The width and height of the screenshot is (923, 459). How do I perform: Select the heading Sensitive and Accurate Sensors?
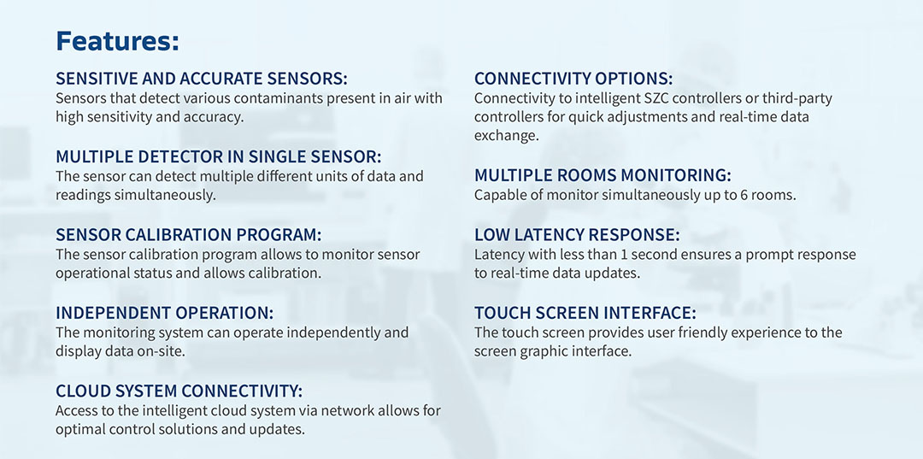pyautogui.click(x=202, y=79)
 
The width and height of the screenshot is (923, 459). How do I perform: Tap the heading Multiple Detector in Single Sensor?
pyautogui.click(x=219, y=157)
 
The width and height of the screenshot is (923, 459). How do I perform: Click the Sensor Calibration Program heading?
pyautogui.click(x=188, y=235)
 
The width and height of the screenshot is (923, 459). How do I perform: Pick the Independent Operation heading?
pyautogui.click(x=164, y=313)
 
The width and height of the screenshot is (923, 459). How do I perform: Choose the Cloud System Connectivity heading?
pyautogui.click(x=179, y=391)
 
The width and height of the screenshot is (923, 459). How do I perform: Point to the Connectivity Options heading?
pyautogui.click(x=573, y=79)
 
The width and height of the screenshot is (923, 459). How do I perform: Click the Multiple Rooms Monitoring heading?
pyautogui.click(x=603, y=176)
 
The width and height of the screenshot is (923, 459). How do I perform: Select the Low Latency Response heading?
pyautogui.click(x=577, y=235)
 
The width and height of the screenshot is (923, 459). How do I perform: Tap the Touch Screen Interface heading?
pyautogui.click(x=585, y=313)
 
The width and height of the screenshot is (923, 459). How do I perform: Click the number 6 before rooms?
pyautogui.click(x=744, y=196)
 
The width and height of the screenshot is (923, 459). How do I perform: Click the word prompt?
pyautogui.click(x=764, y=256)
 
